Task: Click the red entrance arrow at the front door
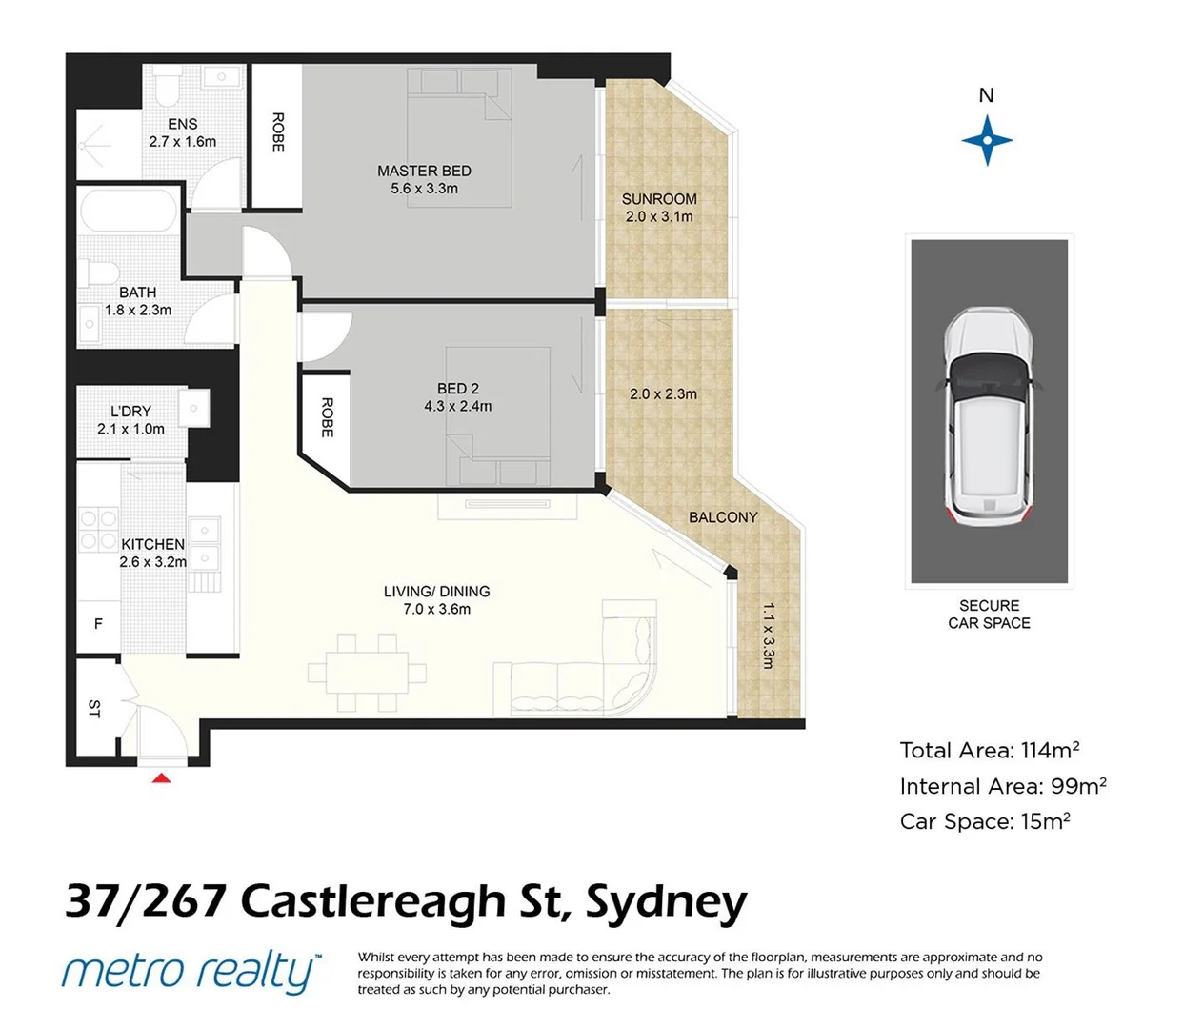162,778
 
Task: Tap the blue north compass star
987,140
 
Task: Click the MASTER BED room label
424,171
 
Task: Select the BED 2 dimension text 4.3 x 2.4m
458,406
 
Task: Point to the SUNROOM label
659,199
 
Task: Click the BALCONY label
723,517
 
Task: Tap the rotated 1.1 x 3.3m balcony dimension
769,635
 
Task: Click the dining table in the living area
367,673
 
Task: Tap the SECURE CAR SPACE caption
989,615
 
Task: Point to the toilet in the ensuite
168,86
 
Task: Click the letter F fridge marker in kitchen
98,624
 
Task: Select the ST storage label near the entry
94,708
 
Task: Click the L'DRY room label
130,411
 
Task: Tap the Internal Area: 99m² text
1002,786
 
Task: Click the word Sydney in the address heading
666,901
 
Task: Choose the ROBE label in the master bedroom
278,132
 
